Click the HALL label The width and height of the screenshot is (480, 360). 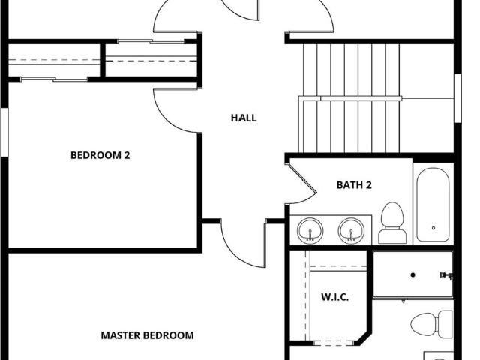click(244, 118)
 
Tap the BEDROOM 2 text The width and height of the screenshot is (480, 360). click(100, 155)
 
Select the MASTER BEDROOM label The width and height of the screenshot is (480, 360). click(147, 335)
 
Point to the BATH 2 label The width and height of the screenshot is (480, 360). click(354, 185)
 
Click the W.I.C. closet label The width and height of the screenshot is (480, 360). click(335, 297)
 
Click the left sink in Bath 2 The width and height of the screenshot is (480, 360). click(310, 231)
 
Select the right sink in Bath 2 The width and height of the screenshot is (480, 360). click(351, 231)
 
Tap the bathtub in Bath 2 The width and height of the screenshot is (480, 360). click(433, 205)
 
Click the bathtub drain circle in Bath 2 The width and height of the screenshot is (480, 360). click(433, 228)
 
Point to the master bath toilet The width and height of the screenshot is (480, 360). click(432, 324)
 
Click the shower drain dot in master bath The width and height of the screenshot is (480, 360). click(412, 275)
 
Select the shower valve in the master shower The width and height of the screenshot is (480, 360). click(445, 275)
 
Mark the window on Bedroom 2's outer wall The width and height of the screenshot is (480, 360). click(4, 132)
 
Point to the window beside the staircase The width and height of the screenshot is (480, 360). click(457, 98)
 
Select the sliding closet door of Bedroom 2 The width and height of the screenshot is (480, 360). click(55, 79)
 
